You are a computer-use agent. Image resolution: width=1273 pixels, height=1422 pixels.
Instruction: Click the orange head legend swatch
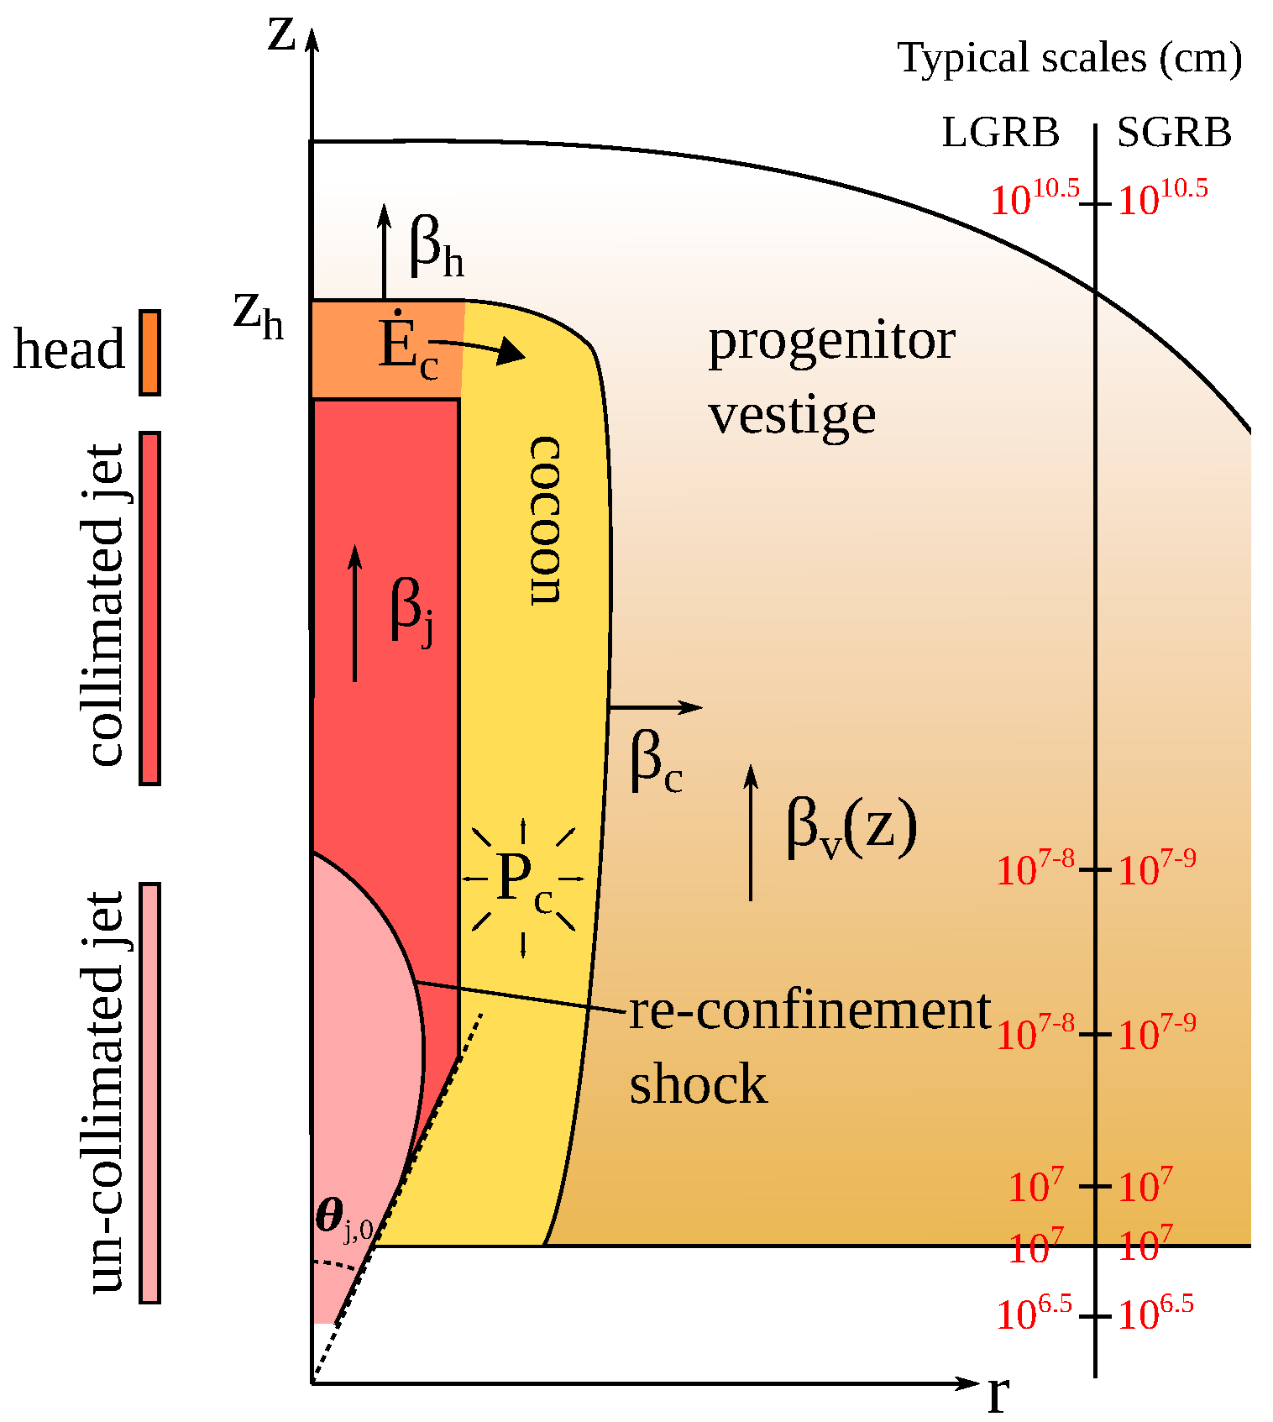pos(149,352)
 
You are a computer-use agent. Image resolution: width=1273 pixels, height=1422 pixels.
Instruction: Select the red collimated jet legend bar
pos(149,608)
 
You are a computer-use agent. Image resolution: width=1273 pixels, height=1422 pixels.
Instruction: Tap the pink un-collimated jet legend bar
pos(149,1092)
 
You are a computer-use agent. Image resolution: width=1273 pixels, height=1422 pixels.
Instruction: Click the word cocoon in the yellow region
pos(544,520)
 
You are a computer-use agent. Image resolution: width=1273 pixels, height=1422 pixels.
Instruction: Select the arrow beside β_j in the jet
pos(355,613)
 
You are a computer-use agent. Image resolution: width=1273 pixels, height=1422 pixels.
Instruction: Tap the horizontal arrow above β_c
pos(655,708)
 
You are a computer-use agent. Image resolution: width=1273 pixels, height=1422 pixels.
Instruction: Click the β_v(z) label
pos(851,828)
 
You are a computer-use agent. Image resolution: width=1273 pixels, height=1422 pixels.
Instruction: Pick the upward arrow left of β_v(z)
pos(751,832)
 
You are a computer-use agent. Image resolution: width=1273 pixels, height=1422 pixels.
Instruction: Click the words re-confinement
pos(809,1010)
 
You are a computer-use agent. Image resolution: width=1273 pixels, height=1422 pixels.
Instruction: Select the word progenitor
pos(831,342)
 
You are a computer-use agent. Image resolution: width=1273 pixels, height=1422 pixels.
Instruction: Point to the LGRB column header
pos(1000,133)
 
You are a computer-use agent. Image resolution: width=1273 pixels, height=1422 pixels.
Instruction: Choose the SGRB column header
pos(1173,133)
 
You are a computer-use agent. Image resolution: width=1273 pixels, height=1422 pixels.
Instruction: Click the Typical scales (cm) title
pos(1069,59)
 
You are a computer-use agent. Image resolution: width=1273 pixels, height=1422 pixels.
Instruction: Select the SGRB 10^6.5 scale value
pos(1155,1314)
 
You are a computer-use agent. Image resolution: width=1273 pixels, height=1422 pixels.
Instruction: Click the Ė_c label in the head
pos(407,349)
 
